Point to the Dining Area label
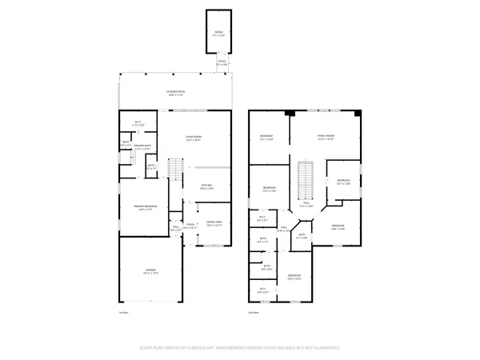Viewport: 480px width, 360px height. click(214, 223)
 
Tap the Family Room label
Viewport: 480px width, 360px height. click(324, 138)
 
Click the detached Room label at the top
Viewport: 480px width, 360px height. click(219, 33)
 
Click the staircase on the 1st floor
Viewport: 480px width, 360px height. click(174, 170)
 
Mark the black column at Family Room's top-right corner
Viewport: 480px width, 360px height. click(358, 113)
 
